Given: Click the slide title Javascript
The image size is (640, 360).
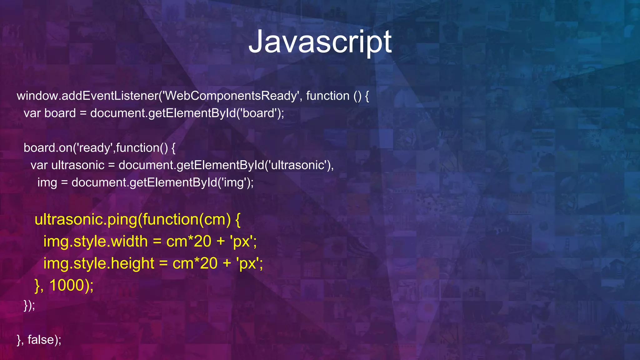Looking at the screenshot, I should (320, 42).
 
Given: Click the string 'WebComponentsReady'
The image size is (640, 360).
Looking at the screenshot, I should (231, 96).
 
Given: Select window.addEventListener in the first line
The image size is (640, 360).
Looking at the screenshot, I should (87, 96).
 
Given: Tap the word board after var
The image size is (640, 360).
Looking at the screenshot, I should (60, 113).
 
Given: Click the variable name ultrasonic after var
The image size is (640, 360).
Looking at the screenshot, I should (78, 165).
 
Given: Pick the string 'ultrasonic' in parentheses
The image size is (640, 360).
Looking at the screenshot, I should (298, 165).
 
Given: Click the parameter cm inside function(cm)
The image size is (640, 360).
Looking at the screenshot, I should (215, 220).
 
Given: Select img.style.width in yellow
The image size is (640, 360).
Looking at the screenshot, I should (95, 242).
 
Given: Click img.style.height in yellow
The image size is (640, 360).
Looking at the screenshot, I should (99, 263).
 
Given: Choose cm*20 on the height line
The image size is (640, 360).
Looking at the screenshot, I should (195, 263).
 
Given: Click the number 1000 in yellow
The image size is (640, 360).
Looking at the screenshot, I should (67, 285).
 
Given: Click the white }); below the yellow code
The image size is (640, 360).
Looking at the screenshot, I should (29, 305).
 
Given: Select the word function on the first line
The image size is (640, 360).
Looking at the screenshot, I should (327, 96).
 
